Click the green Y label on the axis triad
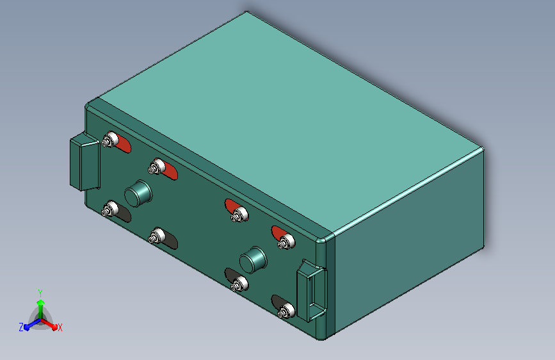pos(40,293)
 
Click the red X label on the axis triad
pos(60,327)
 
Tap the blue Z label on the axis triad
pos(21,327)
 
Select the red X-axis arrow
pos(49,324)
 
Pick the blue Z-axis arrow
pos(32,324)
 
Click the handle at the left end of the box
pos(84,161)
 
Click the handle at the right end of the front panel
pos(312,291)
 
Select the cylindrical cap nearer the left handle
pos(138,193)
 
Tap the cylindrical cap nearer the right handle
pos(253,260)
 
